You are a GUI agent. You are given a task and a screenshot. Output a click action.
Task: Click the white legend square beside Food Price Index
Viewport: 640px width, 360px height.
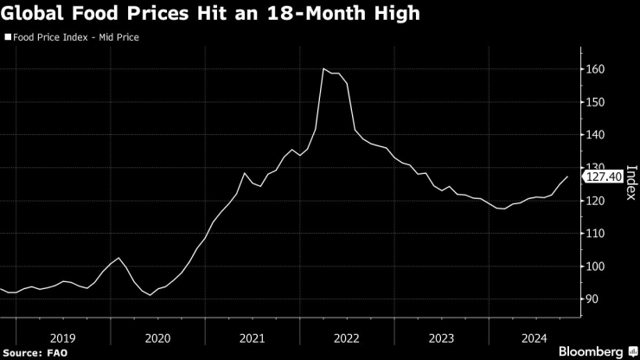[8, 38]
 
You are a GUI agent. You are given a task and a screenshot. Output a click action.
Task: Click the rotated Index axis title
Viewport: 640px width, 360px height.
[630, 183]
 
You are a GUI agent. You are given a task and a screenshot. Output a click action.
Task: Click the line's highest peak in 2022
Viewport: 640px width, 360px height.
[323, 68]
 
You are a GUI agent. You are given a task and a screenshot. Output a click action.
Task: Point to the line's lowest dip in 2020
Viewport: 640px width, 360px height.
[150, 295]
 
